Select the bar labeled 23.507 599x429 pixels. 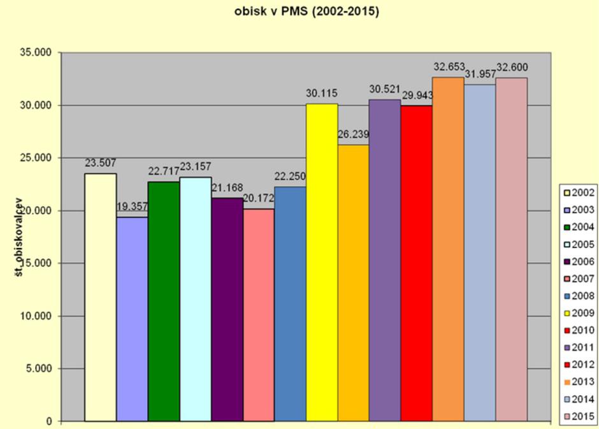pyautogui.click(x=101, y=296)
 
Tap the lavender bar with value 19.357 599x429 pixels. pyautogui.click(x=132, y=319)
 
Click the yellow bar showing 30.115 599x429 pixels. pyautogui.click(x=322, y=261)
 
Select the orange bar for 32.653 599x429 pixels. pyautogui.click(x=448, y=249)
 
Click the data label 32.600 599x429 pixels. pyautogui.click(x=512, y=68)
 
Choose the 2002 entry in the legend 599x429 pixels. pyautogui.click(x=577, y=192)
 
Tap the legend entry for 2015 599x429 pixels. pyautogui.click(x=577, y=418)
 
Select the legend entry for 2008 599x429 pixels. pyautogui.click(x=577, y=296)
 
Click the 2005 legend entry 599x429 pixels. pyautogui.click(x=577, y=244)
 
